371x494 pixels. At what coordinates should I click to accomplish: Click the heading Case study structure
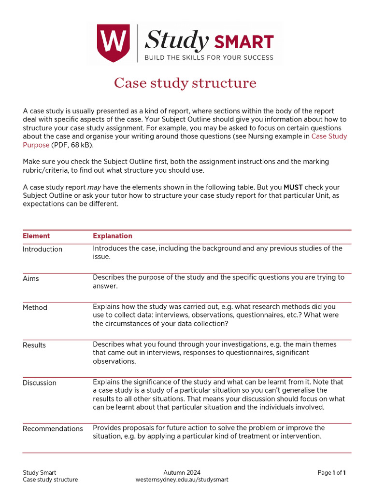[185, 83]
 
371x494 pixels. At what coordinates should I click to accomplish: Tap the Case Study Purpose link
[329, 137]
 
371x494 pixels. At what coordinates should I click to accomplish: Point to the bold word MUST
[293, 187]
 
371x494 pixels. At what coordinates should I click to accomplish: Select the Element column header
[36, 236]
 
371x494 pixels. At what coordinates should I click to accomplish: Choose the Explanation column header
[112, 236]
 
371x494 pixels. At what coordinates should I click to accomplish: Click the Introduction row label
[43, 249]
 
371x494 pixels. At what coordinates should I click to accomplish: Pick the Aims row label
[31, 278]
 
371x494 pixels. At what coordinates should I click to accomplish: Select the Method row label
[35, 307]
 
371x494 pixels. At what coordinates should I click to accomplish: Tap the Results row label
[34, 345]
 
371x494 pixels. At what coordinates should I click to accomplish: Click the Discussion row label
[40, 383]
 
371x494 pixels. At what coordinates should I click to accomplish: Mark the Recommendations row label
[53, 428]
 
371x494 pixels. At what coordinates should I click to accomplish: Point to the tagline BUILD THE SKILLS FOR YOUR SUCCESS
[209, 57]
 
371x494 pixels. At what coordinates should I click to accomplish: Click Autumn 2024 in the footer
[182, 472]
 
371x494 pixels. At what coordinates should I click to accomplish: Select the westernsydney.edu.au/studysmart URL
[182, 480]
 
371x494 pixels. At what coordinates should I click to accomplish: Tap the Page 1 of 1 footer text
[332, 472]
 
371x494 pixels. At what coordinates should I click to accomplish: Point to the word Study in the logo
[177, 41]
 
